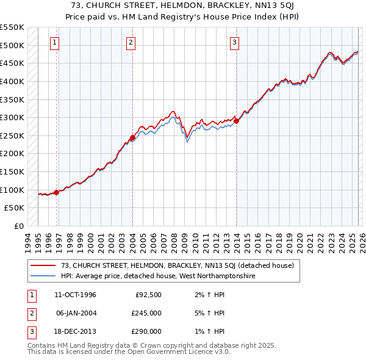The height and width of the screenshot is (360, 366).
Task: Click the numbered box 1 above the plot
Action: pyautogui.click(x=55, y=42)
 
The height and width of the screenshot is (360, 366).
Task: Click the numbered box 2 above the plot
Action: pyautogui.click(x=131, y=42)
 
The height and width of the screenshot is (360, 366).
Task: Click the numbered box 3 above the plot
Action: pyautogui.click(x=235, y=42)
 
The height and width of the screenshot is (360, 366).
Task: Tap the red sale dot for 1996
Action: pyautogui.click(x=57, y=192)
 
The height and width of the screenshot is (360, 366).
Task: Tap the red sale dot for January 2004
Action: pyautogui.click(x=132, y=137)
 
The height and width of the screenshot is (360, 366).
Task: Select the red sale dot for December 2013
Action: pyautogui.click(x=236, y=121)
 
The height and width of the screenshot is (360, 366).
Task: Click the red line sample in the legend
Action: pyautogui.click(x=43, y=265)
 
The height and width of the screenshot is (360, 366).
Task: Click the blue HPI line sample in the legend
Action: pyautogui.click(x=43, y=276)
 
